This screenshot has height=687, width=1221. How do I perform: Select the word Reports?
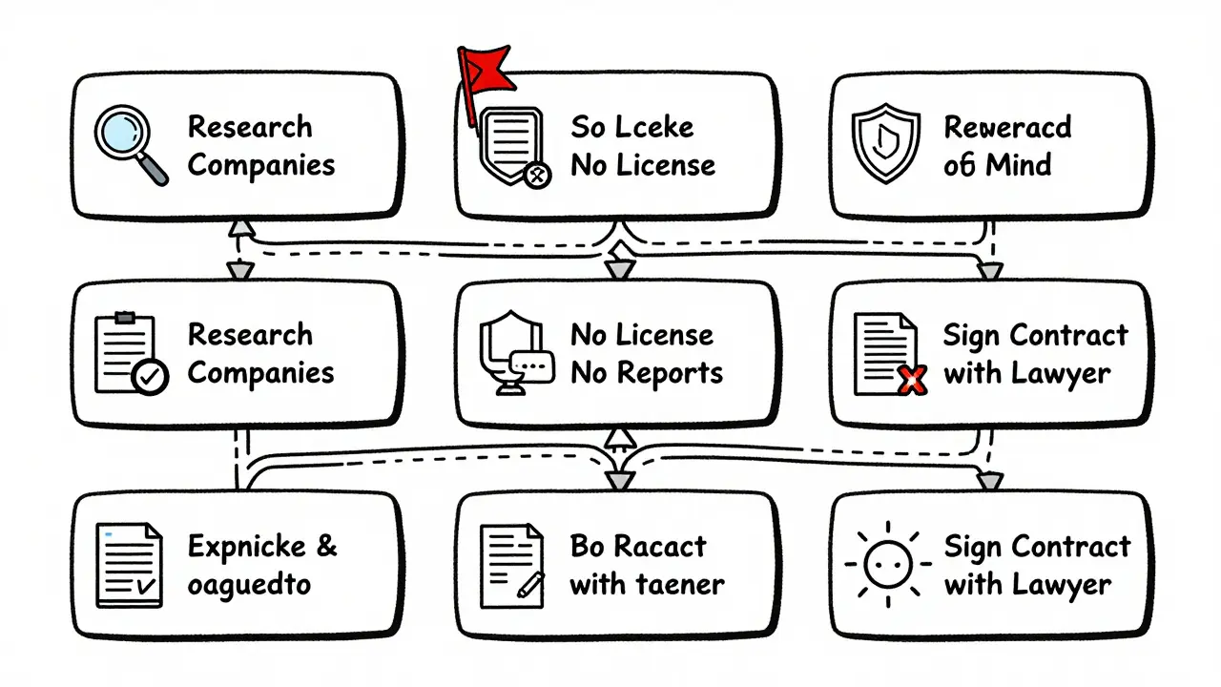point(671,373)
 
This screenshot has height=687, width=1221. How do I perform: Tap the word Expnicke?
point(247,547)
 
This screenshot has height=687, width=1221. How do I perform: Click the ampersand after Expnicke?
point(325,547)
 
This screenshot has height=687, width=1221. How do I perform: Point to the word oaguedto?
point(249,584)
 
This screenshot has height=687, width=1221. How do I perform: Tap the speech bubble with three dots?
point(531,364)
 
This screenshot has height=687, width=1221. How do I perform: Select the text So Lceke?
point(631,127)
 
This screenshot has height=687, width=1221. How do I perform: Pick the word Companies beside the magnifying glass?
point(261,165)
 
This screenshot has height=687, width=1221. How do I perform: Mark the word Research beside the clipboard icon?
point(250,335)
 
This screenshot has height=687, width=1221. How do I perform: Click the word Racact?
point(659,547)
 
